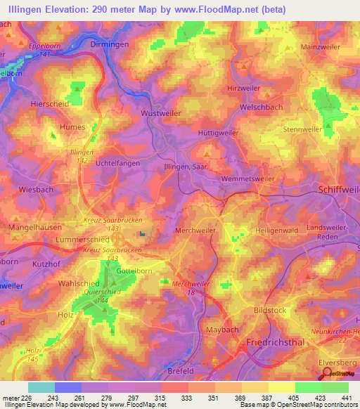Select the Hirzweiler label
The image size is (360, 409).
(x=243, y=88)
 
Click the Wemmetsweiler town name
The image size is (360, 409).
(x=247, y=179)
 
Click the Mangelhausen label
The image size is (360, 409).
(x=34, y=228)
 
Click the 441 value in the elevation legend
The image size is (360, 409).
(x=347, y=397)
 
